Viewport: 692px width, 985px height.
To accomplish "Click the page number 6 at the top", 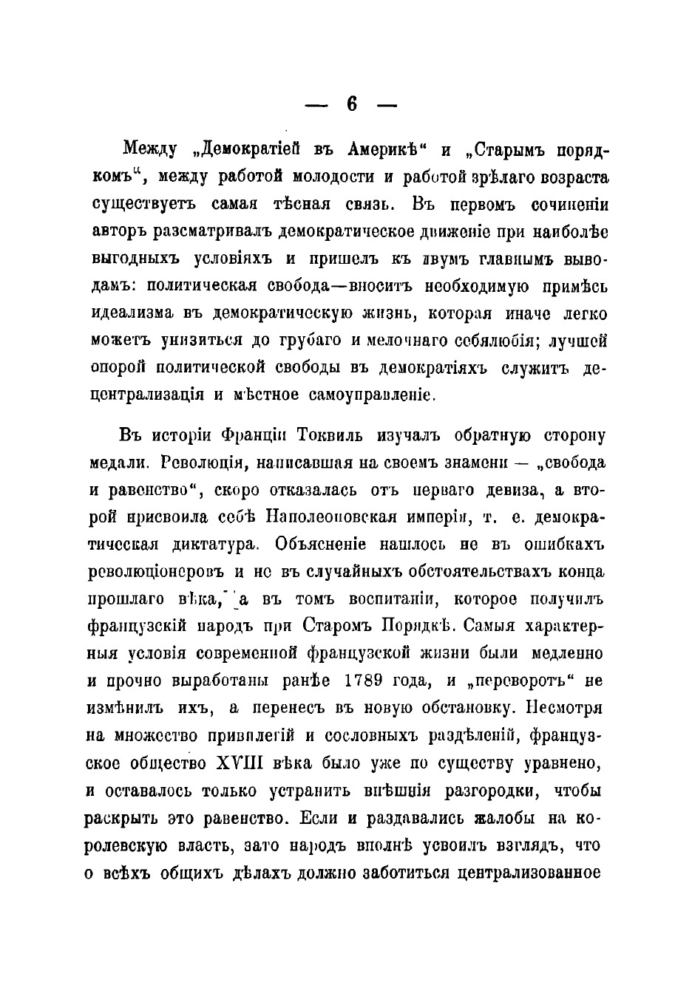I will [x=351, y=105].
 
